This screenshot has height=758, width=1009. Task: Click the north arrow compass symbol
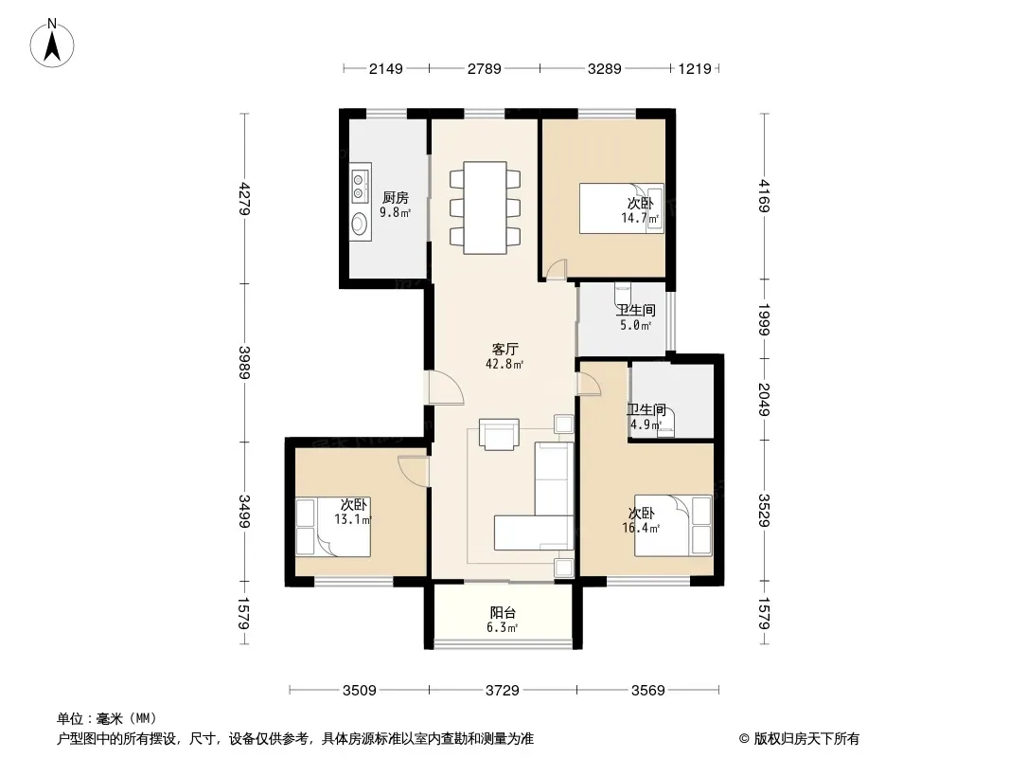click(52, 43)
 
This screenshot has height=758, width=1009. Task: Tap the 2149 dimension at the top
click(385, 68)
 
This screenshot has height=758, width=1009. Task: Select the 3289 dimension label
click(604, 68)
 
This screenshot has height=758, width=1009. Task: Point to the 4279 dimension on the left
click(244, 198)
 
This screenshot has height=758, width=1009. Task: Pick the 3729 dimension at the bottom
click(503, 691)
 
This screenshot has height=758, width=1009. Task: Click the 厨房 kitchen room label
click(395, 198)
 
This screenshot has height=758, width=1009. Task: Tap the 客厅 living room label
click(504, 349)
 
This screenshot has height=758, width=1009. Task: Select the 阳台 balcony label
click(503, 613)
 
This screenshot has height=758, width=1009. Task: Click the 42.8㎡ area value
click(504, 365)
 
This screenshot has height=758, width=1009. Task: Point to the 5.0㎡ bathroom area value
click(636, 325)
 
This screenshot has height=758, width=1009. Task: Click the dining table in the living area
click(485, 208)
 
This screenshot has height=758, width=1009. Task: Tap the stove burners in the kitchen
click(359, 185)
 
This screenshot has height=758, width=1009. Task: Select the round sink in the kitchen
click(359, 224)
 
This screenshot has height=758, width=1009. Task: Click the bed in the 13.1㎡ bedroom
click(333, 526)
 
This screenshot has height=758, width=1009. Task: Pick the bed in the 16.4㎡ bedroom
click(673, 525)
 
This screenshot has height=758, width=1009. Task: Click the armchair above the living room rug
click(499, 435)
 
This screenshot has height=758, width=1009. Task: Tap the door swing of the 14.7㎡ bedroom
click(556, 269)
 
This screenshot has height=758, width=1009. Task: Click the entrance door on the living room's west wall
click(445, 387)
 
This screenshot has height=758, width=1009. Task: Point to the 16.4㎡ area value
click(641, 529)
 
